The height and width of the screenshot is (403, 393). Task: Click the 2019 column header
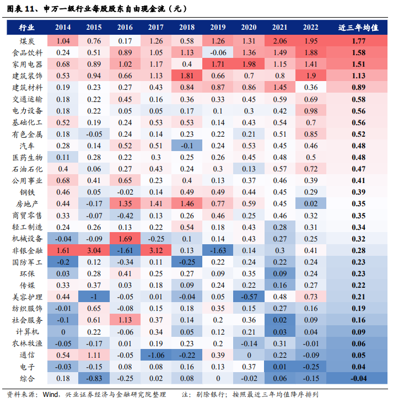click(x=218, y=28)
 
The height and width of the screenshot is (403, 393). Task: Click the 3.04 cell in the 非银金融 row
click(x=94, y=251)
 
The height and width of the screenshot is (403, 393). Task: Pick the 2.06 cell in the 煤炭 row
click(x=280, y=41)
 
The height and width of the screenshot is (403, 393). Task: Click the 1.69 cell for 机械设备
click(x=125, y=239)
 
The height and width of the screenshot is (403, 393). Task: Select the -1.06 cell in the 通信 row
click(x=156, y=356)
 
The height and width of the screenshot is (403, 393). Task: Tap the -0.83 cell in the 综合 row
click(x=94, y=379)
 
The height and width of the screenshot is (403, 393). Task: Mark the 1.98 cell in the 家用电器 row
click(x=249, y=65)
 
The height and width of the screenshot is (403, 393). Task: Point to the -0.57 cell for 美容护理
click(x=249, y=297)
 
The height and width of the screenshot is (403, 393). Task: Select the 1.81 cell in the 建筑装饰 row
click(x=187, y=76)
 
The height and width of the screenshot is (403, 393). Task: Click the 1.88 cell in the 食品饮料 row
click(x=311, y=53)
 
